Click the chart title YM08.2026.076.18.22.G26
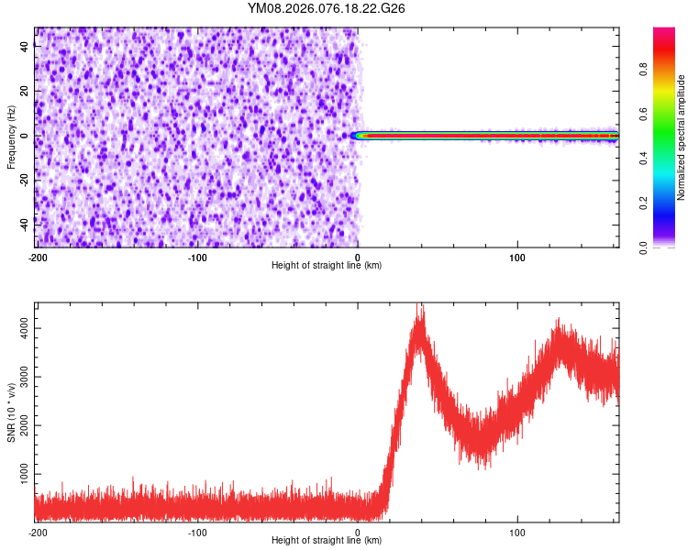coord(327,8)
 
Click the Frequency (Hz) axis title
coord(11,137)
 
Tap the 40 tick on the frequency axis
coord(25,48)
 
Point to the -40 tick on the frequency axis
coord(22,223)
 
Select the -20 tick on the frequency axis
coord(22,179)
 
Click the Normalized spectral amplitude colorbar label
coord(682,137)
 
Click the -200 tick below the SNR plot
coord(38,533)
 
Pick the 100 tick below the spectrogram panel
coord(517,258)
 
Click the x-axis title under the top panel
coord(327,266)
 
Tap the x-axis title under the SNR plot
coord(327,541)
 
